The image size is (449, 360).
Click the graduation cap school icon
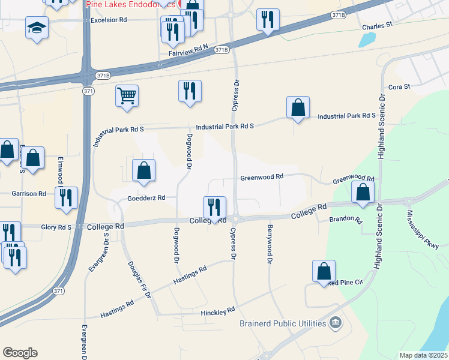(x=37, y=27)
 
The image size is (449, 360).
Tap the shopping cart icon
(x=127, y=96)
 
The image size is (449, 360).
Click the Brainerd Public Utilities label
(x=283, y=323)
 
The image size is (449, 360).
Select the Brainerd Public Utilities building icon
(x=336, y=323)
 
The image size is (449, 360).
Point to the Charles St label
(x=376, y=26)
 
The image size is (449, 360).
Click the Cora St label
(x=399, y=87)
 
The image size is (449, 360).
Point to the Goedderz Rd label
(x=146, y=199)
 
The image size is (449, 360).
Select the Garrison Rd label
(x=29, y=194)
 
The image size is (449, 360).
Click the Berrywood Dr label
(x=270, y=244)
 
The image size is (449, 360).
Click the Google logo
(x=20, y=353)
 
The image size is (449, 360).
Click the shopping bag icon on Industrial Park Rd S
(x=298, y=107)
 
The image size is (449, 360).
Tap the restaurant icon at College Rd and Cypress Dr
(x=214, y=207)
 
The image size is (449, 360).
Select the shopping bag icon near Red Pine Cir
(x=324, y=271)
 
